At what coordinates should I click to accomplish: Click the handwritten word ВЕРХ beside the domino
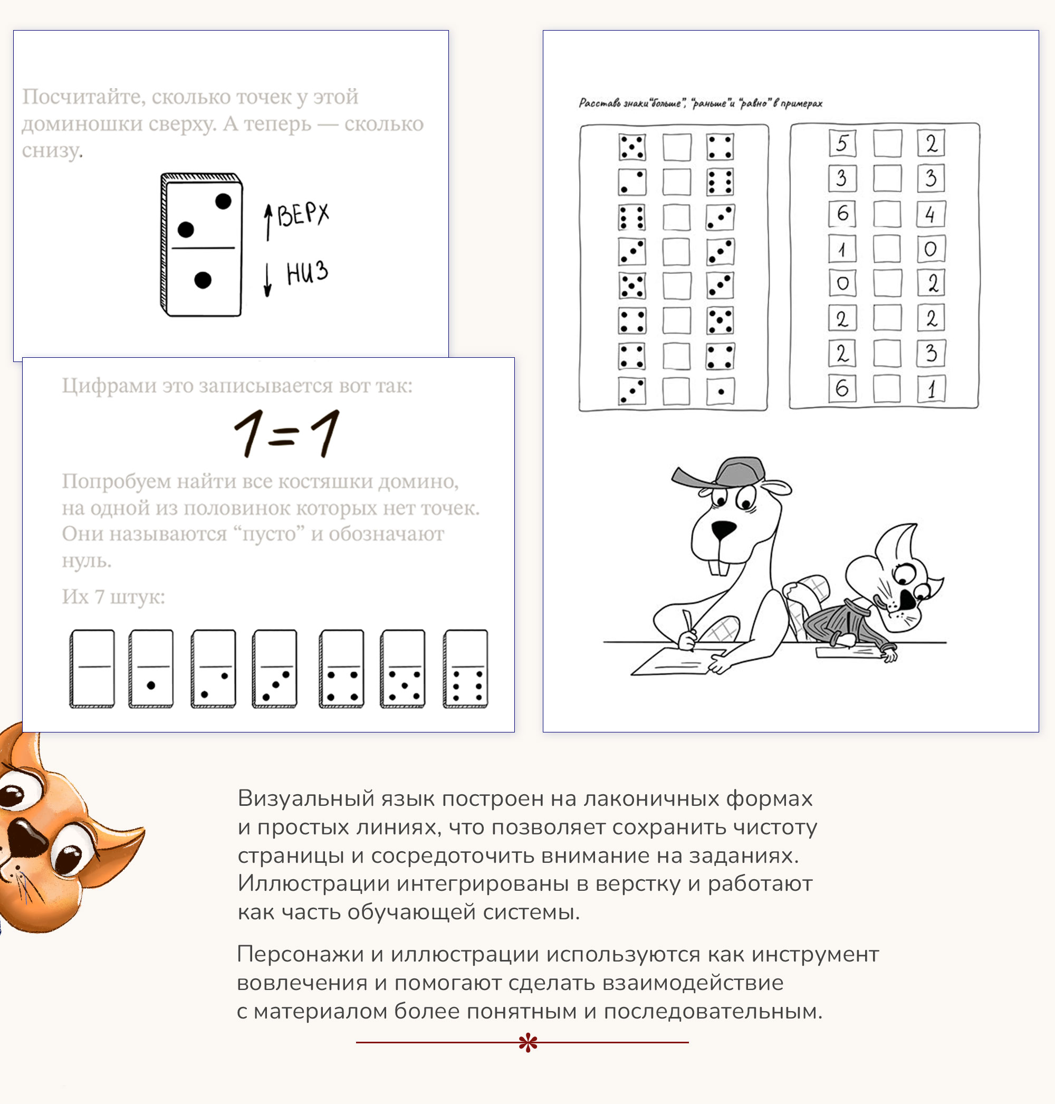(x=303, y=214)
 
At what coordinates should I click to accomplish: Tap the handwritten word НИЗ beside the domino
(x=306, y=273)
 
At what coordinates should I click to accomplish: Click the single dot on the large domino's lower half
(x=203, y=280)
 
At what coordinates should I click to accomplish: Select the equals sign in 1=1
(x=283, y=435)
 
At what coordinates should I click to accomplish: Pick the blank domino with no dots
(x=92, y=668)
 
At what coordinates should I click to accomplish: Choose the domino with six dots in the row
(x=466, y=668)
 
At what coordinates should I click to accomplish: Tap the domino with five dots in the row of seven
(x=402, y=668)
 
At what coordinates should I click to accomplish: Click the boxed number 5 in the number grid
(x=842, y=143)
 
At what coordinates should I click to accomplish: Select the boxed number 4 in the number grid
(x=930, y=214)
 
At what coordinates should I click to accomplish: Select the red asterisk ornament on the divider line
(x=527, y=1042)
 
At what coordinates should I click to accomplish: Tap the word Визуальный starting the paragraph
(x=306, y=798)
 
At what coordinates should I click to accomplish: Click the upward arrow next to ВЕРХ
(x=268, y=222)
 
